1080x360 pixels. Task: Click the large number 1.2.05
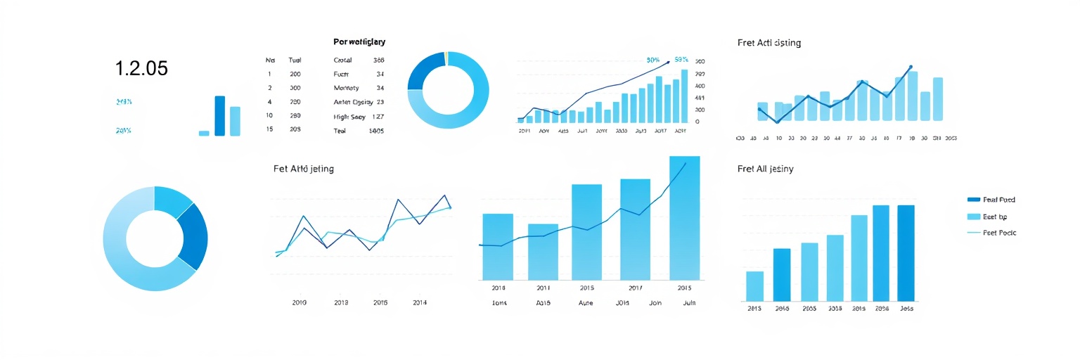pyautogui.click(x=141, y=68)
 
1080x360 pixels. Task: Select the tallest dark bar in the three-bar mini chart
pyautogui.click(x=219, y=115)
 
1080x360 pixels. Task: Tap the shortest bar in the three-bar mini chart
pyautogui.click(x=204, y=133)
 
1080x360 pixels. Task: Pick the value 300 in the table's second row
pyautogui.click(x=295, y=88)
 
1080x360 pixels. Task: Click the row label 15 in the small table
pyautogui.click(x=269, y=129)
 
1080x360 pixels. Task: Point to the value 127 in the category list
pyautogui.click(x=377, y=117)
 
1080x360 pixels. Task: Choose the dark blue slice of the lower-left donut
pyautogui.click(x=192, y=236)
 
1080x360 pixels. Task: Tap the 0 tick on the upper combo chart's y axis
pyautogui.click(x=697, y=122)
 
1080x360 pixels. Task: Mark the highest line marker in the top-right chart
pyautogui.click(x=911, y=67)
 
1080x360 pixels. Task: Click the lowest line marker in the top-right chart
pyautogui.click(x=778, y=122)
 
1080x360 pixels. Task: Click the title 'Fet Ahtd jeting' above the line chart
pyautogui.click(x=303, y=169)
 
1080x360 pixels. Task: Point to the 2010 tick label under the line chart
pyautogui.click(x=300, y=302)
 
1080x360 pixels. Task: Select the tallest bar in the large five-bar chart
pyautogui.click(x=684, y=218)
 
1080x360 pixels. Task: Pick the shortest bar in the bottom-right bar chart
pyautogui.click(x=754, y=285)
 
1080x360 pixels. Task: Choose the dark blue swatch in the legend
pyautogui.click(x=974, y=200)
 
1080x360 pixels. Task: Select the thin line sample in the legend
pyautogui.click(x=974, y=233)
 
